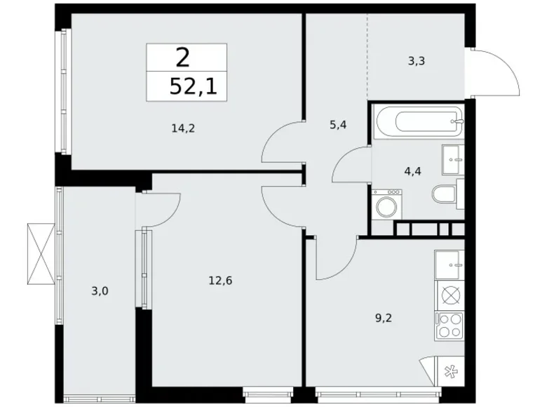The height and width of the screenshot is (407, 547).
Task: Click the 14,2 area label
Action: [182, 128]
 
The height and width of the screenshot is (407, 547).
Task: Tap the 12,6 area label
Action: [220, 281]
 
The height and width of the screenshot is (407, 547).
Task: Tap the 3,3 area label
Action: [417, 61]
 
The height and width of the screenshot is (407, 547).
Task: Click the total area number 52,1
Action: [187, 87]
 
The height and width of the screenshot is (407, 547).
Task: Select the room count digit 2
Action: [184, 57]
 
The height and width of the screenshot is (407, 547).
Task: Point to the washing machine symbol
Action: [386, 206]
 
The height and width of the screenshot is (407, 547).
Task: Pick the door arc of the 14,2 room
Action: [283, 142]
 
